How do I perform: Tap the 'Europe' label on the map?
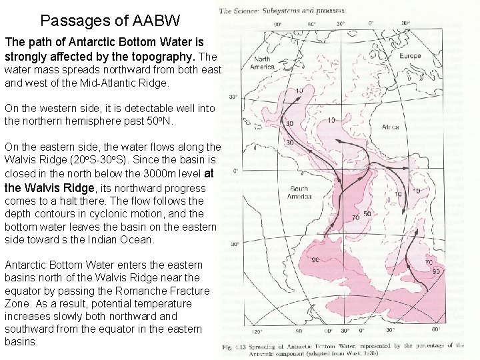(x=410, y=56)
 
